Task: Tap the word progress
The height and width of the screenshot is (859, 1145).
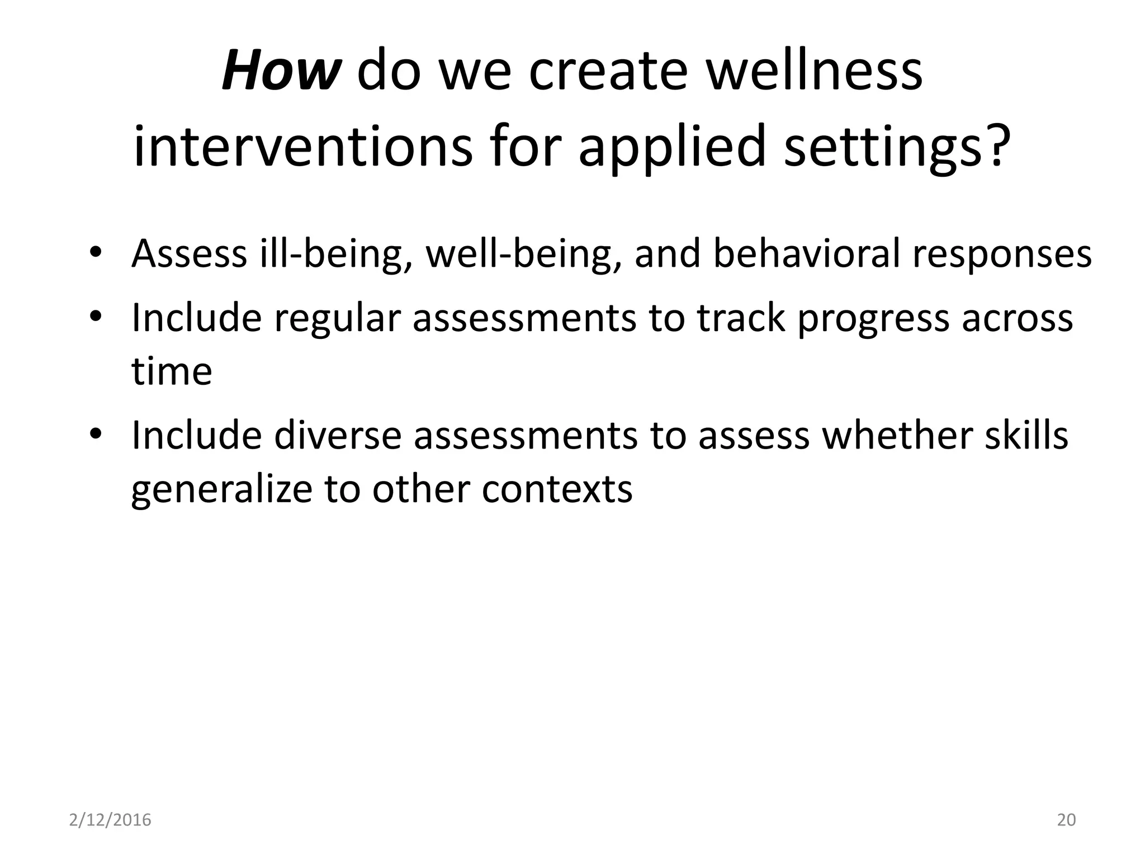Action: pyautogui.click(x=874, y=319)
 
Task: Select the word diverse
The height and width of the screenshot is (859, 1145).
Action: pyautogui.click(x=338, y=436)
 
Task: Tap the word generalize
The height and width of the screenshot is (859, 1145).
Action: pyautogui.click(x=220, y=489)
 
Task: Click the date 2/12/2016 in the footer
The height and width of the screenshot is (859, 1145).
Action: pyautogui.click(x=110, y=820)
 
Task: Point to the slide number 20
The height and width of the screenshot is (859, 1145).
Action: pyautogui.click(x=1066, y=820)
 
